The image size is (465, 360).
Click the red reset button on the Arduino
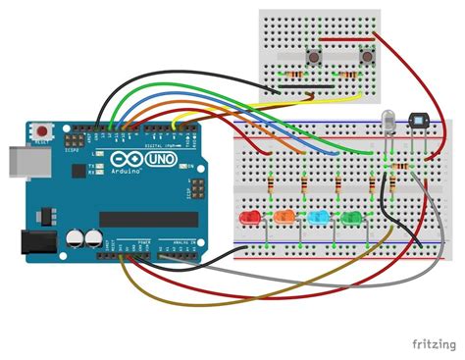(43, 130)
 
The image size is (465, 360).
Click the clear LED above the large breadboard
(388, 120)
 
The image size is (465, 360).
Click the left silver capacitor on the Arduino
(76, 238)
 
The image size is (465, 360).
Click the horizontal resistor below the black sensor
(399, 167)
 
